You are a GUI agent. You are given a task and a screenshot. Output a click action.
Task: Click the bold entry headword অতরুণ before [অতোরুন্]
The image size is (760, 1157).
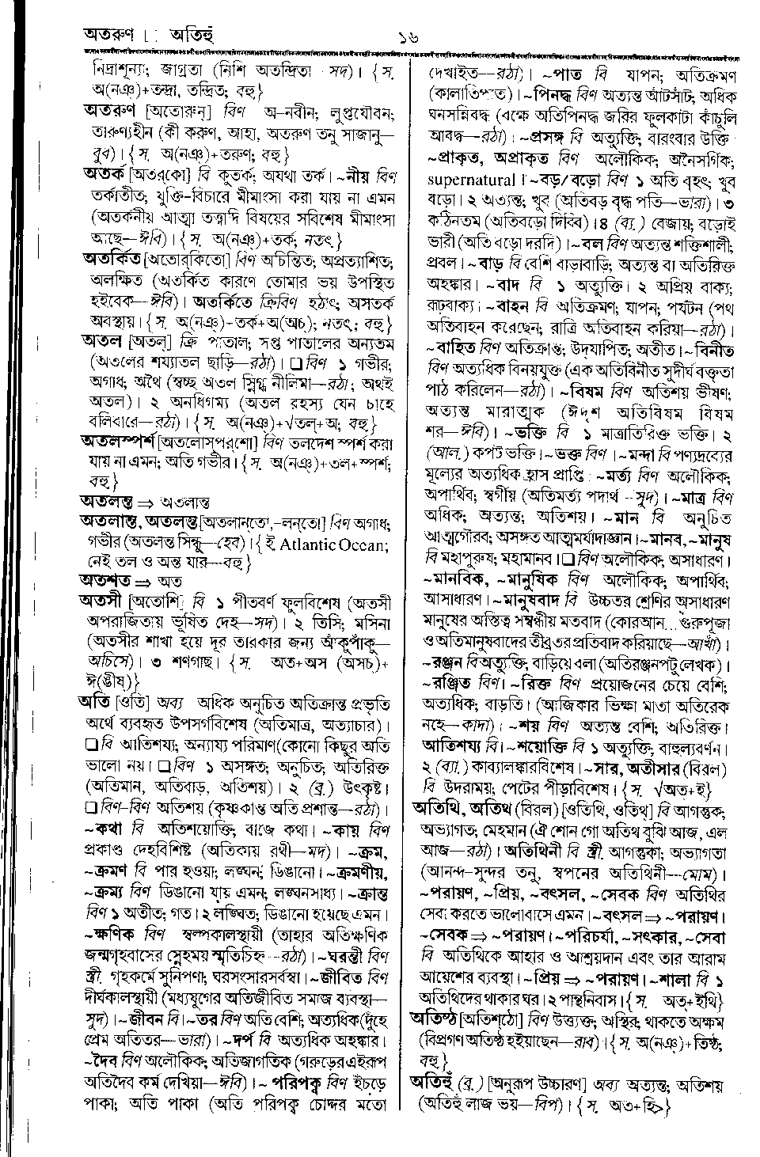click(110, 109)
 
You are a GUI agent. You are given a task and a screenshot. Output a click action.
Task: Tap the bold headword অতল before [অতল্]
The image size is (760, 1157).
click(100, 342)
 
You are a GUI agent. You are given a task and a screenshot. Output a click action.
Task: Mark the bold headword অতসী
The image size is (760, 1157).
click(101, 601)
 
